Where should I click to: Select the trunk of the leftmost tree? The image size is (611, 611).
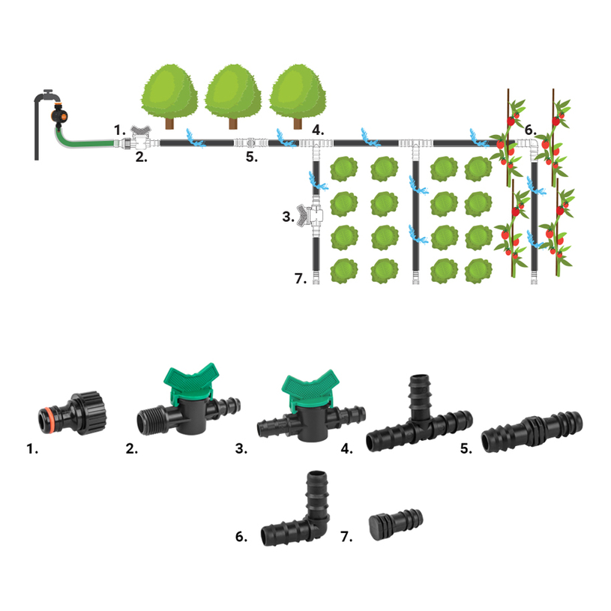click(x=170, y=121)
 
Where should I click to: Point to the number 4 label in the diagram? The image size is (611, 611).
click(x=318, y=130)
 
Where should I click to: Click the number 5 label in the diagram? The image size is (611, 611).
click(x=252, y=157)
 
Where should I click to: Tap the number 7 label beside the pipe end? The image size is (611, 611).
click(x=301, y=279)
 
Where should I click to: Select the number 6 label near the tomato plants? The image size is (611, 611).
click(x=530, y=128)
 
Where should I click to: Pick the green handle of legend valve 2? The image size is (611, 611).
click(x=194, y=375)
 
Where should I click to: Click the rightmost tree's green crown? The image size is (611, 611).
click(x=297, y=90)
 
